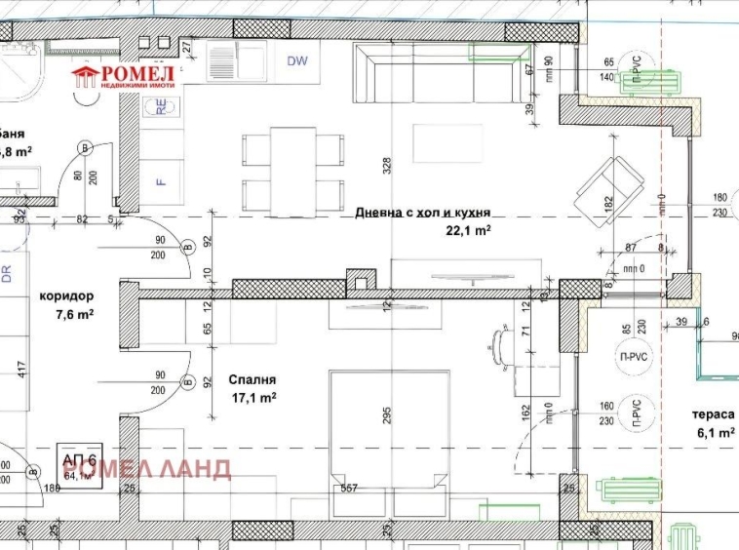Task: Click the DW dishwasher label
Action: pos(297,61)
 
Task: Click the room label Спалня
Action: pos(253,379)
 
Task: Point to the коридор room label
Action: pos(66,295)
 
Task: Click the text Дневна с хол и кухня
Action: pos(422,212)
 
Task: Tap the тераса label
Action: pos(716,414)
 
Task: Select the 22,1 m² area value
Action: pos(468,230)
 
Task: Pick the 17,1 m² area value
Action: pos(253,398)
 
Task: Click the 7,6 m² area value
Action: pos(74,314)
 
